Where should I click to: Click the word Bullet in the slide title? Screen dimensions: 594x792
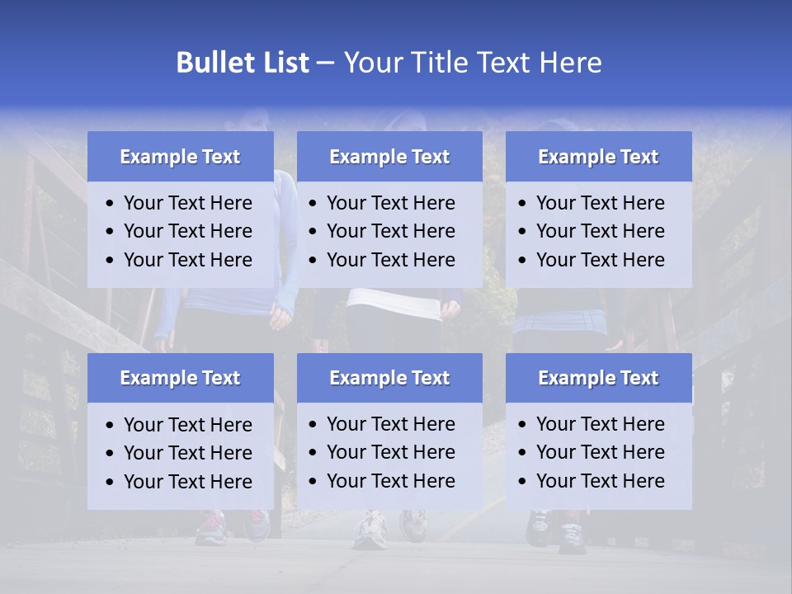pos(214,63)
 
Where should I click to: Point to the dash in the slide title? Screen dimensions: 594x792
pos(325,63)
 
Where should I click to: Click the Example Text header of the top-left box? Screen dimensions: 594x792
pos(180,157)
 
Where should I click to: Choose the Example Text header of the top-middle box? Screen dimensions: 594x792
pos(389,157)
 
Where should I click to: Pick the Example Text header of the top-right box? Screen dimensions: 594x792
pos(598,157)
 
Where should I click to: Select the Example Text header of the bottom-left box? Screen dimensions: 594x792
pos(180,378)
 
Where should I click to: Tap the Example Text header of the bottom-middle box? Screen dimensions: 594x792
pos(389,378)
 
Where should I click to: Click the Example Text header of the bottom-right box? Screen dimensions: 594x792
pos(598,378)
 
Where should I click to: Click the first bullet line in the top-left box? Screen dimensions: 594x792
pos(187,203)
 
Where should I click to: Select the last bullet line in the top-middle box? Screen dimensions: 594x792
pos(390,260)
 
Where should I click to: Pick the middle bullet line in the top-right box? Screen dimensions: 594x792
pos(600,231)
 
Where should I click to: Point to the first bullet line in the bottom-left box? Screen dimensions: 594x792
pos(187,425)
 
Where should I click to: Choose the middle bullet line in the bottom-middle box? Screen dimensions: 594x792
pos(390,452)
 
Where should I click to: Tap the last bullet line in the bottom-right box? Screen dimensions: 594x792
pos(600,481)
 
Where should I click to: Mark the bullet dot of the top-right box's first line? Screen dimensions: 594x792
pos(523,204)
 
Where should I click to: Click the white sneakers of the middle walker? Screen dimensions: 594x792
pos(370,529)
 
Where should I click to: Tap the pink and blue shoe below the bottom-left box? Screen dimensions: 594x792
pos(211,525)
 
